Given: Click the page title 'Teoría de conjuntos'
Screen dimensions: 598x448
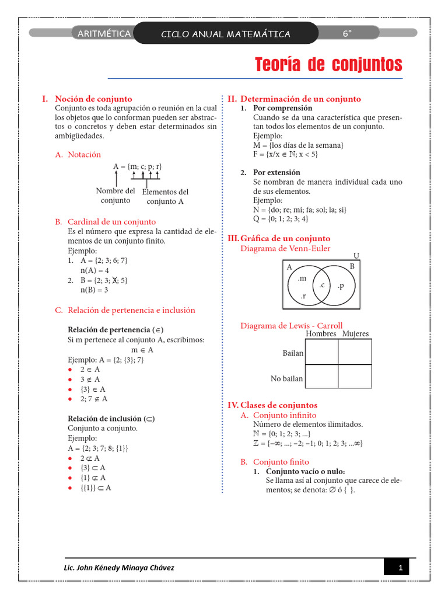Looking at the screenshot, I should (x=328, y=64).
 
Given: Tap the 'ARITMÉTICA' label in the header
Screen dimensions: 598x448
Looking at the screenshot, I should (x=104, y=34).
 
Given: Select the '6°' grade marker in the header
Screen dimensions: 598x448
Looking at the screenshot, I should (x=348, y=34).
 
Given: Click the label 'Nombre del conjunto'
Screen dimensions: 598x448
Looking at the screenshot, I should (x=116, y=196).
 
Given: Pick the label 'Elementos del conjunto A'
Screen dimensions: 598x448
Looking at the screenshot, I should (x=165, y=197).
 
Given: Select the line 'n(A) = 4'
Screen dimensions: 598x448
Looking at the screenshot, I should (x=94, y=270).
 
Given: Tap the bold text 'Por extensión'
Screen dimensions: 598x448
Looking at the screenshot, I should (x=276, y=172).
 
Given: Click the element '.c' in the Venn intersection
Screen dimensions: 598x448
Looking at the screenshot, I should (x=321, y=285).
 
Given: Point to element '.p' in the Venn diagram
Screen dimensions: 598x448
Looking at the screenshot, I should (x=341, y=286).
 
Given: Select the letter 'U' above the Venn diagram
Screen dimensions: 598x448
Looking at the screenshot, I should (x=356, y=256).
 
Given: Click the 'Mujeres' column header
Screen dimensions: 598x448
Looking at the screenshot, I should (x=355, y=334).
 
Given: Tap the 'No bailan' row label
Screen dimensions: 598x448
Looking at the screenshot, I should (x=286, y=379).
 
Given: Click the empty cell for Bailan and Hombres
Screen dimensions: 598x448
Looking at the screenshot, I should (x=321, y=352).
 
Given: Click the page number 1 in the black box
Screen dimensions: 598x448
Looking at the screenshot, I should (x=400, y=568).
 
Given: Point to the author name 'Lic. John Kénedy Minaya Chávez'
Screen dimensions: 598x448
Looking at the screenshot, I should (x=118, y=568).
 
